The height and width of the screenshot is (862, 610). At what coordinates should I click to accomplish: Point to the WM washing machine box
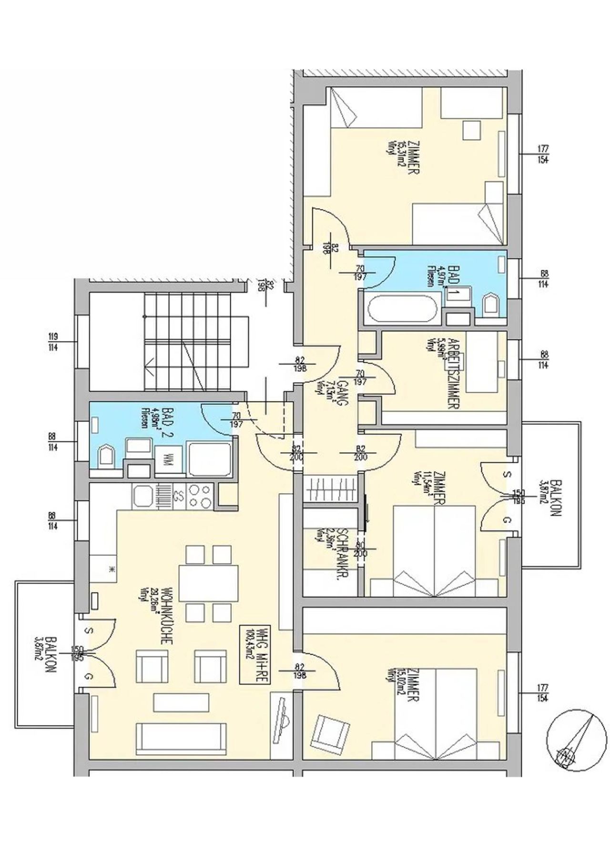tap(168, 461)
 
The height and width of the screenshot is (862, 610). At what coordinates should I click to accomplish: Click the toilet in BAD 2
tap(106, 457)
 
